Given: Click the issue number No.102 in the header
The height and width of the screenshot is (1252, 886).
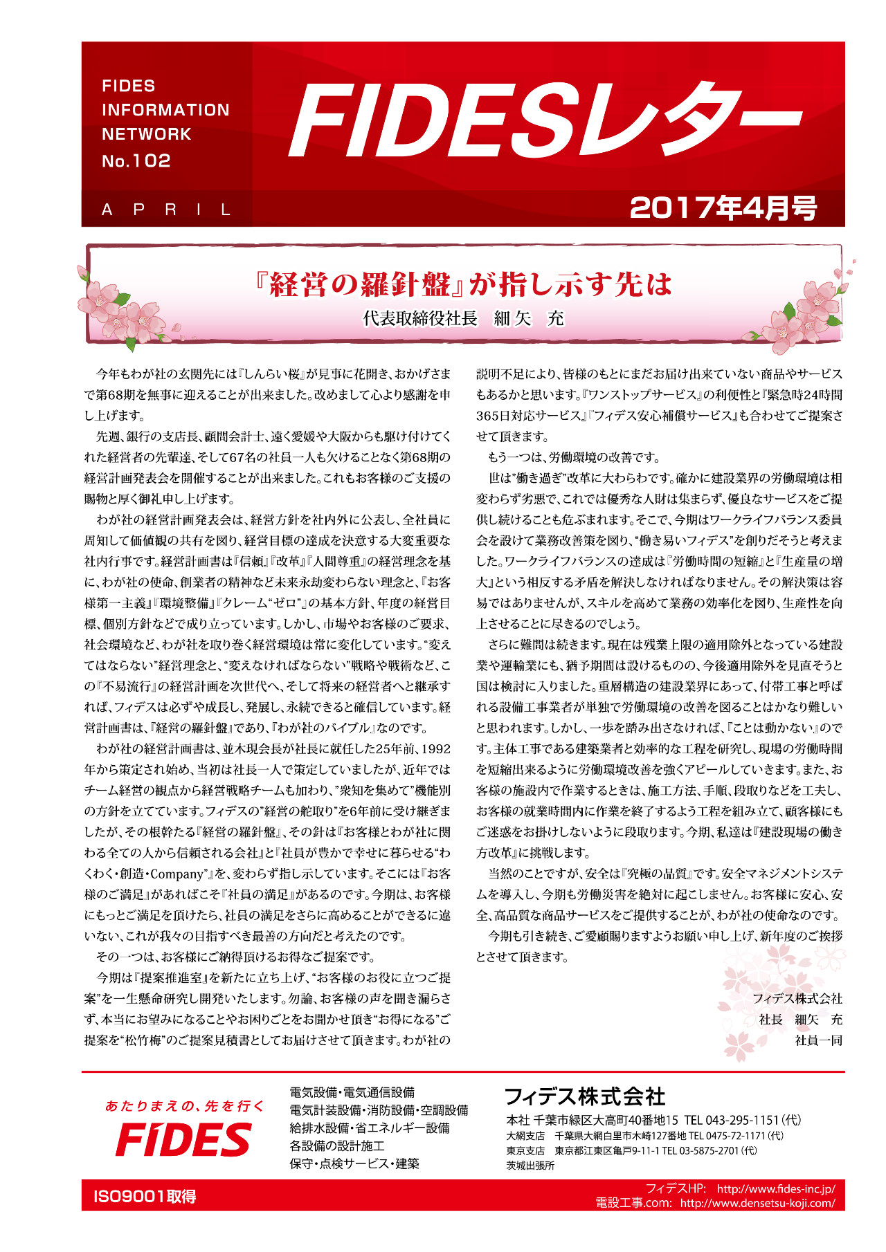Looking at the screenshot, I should (x=136, y=161).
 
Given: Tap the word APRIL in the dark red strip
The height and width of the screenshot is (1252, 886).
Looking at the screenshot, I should (x=167, y=210).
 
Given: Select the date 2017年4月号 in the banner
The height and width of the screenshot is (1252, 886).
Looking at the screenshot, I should (x=723, y=208).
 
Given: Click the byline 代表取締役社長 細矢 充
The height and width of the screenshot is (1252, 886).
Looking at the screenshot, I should (x=463, y=318).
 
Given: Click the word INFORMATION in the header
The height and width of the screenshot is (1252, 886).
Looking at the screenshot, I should (x=165, y=110).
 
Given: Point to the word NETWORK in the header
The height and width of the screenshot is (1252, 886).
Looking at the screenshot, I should (x=147, y=134).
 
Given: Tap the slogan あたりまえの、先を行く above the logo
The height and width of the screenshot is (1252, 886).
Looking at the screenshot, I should (x=184, y=1106).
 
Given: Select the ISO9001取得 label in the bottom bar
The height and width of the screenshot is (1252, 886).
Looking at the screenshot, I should (x=145, y=1196).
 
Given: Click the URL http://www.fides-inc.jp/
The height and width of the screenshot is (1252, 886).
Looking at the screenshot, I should (x=776, y=1188).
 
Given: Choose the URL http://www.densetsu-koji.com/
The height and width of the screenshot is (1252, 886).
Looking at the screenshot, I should (x=757, y=1203).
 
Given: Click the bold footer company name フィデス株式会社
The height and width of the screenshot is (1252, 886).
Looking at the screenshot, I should (x=585, y=1096).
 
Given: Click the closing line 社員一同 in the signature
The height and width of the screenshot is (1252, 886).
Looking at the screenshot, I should (x=818, y=1040).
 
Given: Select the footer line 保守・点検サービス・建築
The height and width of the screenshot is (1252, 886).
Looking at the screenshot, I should (x=354, y=1163).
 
